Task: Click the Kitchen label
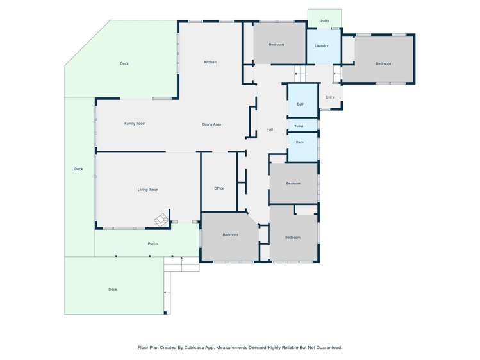[210, 62]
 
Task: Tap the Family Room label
[135, 124]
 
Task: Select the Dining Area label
[211, 124]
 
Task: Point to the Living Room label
[148, 190]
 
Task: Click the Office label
[219, 188]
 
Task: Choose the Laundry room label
[322, 46]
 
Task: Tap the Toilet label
[299, 126]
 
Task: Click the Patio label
[325, 21]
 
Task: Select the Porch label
[153, 244]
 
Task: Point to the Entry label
[329, 97]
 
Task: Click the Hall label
[270, 129]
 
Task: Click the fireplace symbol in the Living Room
[161, 220]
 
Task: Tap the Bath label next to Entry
[301, 104]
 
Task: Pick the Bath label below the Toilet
[300, 142]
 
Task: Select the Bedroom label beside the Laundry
[276, 45]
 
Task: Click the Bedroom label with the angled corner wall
[230, 235]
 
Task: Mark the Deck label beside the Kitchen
[124, 63]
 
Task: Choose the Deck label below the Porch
[113, 290]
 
